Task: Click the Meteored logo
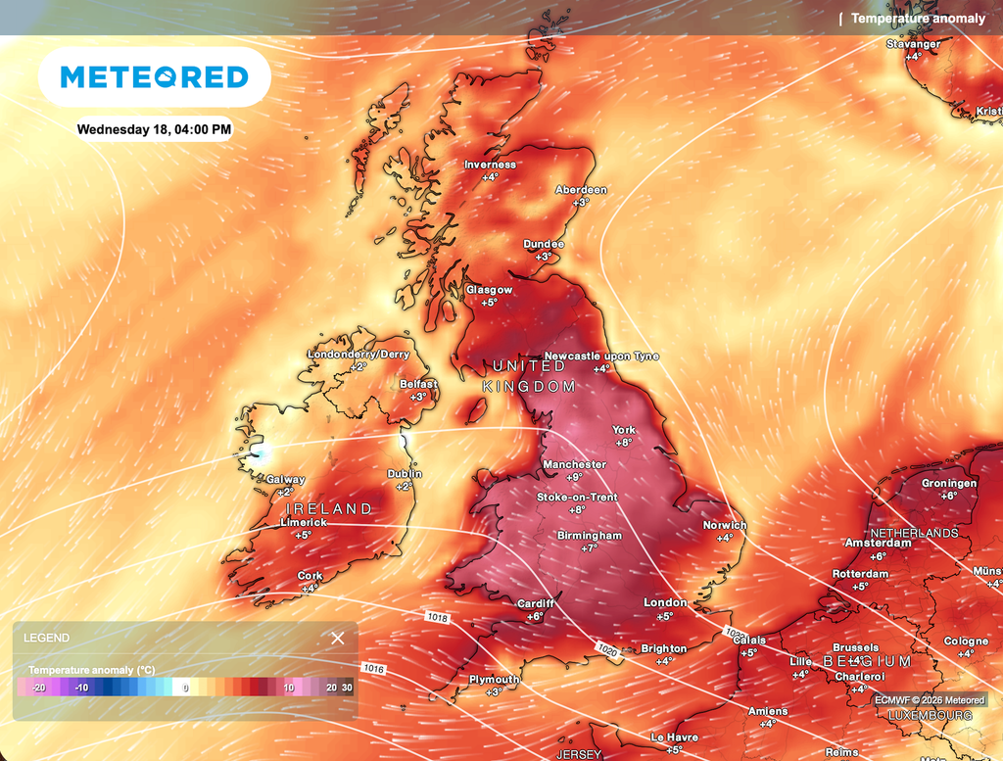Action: pyautogui.click(x=154, y=77)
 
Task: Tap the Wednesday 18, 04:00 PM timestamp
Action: pyautogui.click(x=155, y=129)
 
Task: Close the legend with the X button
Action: pyautogui.click(x=338, y=639)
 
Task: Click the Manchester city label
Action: pyautogui.click(x=574, y=464)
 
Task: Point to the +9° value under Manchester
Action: pyautogui.click(x=574, y=477)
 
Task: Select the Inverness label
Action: pyautogui.click(x=490, y=165)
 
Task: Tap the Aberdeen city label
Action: pyautogui.click(x=581, y=190)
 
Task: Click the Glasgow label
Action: pyautogui.click(x=489, y=290)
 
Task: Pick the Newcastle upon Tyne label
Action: pyautogui.click(x=601, y=357)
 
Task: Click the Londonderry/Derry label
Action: pyautogui.click(x=358, y=355)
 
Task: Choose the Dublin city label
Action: pyautogui.click(x=405, y=474)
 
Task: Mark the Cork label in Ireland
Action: pyautogui.click(x=310, y=576)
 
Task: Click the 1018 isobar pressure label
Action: pyautogui.click(x=437, y=618)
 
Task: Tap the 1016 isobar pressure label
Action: pyautogui.click(x=373, y=669)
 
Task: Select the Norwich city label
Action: pyautogui.click(x=725, y=525)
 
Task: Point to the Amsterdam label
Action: pyautogui.click(x=879, y=543)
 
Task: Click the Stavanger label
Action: pyautogui.click(x=913, y=44)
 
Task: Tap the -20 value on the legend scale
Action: pyautogui.click(x=38, y=688)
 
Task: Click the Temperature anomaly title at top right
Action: pyautogui.click(x=918, y=19)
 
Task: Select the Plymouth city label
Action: pyautogui.click(x=495, y=680)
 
